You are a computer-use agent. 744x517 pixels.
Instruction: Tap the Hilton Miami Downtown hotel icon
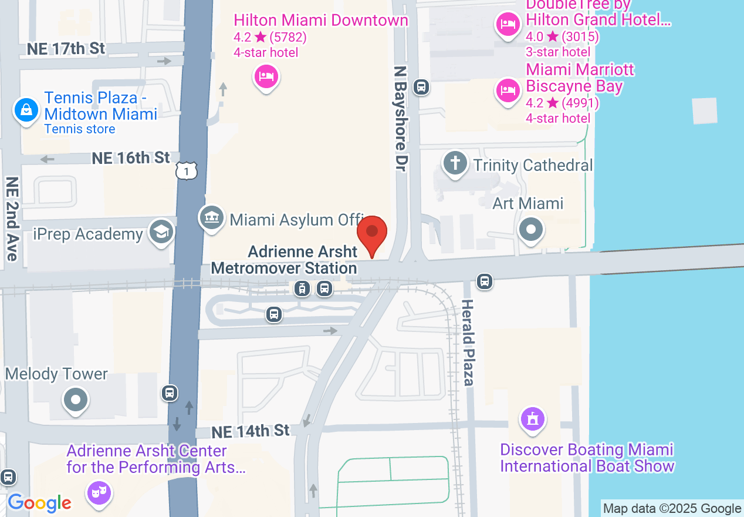point(266,76)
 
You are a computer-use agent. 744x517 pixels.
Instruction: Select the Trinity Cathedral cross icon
point(455,163)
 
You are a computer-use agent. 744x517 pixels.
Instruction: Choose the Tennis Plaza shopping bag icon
point(26,110)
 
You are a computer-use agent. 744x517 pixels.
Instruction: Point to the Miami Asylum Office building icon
point(211,218)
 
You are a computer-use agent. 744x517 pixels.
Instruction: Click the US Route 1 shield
point(186,171)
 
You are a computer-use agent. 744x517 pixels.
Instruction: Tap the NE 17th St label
point(66,48)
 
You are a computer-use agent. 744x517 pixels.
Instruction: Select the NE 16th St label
point(131,157)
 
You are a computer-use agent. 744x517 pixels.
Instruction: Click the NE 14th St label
point(251,431)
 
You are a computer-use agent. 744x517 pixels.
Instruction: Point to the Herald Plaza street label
point(467,343)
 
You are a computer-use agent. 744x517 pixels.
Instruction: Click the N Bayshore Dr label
point(401,118)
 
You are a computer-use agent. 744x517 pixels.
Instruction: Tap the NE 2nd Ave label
point(12,218)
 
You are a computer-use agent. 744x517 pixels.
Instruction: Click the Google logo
point(39,503)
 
